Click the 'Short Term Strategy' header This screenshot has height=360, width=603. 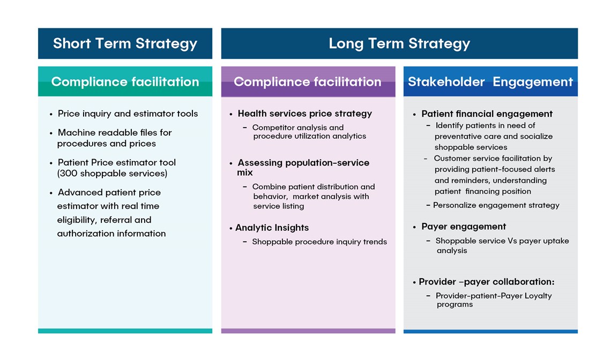125,43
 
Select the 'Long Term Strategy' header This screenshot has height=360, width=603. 399,43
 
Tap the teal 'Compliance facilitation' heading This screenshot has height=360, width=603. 125,81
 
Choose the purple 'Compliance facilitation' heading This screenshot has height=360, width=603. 308,81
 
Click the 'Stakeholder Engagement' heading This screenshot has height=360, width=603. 490,81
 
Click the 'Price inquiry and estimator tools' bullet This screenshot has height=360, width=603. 128,114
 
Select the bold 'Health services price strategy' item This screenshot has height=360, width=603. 305,114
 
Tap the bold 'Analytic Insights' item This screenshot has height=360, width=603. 272,228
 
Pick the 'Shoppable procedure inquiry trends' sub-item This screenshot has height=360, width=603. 319,242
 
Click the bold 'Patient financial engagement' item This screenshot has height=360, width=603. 487,114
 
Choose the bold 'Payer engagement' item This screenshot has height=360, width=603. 464,227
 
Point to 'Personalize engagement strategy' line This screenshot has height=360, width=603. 496,205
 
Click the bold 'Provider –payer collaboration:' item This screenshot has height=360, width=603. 487,282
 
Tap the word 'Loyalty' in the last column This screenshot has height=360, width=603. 538,296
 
